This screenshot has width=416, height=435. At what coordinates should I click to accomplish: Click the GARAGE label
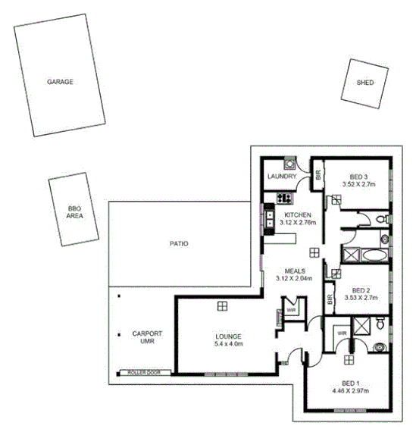(x=60, y=81)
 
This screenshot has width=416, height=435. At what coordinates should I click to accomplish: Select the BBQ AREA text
(x=74, y=211)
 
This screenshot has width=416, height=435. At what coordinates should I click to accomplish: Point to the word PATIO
(x=178, y=244)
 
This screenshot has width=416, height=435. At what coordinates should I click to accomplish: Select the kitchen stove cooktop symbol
(x=284, y=199)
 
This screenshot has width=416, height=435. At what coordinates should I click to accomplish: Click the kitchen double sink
(x=269, y=219)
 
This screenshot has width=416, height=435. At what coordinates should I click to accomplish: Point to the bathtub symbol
(x=356, y=254)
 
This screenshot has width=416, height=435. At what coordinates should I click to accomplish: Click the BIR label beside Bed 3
(x=319, y=175)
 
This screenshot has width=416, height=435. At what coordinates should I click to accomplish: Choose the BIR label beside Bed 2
(x=330, y=299)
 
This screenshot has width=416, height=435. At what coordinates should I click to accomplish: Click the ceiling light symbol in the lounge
(x=222, y=305)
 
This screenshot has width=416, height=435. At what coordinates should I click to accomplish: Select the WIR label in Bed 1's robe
(x=342, y=332)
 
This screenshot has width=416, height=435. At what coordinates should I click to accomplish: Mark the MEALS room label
(x=295, y=271)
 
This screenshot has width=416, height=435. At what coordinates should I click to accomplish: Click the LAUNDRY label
(x=281, y=178)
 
